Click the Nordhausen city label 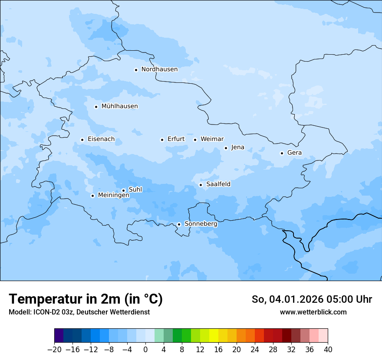pos(159,69)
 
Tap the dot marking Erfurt pos(162,140)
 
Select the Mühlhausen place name pos(119,106)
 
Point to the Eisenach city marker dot pos(82,140)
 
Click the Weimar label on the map pos(212,139)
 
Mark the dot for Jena pos(226,148)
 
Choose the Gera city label pos(294,153)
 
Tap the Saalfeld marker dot pos(201,185)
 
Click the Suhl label pos(135,190)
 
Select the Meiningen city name pos(113,196)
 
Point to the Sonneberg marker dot pos(179,224)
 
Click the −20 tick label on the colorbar pos(54,350)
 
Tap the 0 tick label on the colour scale pos(145,350)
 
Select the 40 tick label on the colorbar pos(328,350)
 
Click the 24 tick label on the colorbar pos(255,350)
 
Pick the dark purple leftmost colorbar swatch pos(59,336)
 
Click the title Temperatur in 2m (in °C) pos(86,299)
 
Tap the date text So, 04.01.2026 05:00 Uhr pos(312,299)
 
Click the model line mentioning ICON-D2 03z pos(79,312)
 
